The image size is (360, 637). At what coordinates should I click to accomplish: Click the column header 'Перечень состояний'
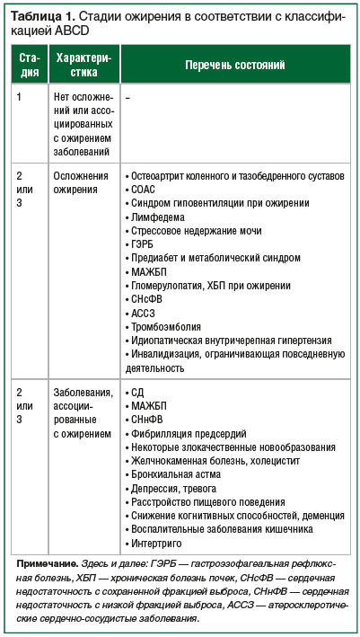234,66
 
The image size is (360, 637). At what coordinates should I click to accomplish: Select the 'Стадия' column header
29,66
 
